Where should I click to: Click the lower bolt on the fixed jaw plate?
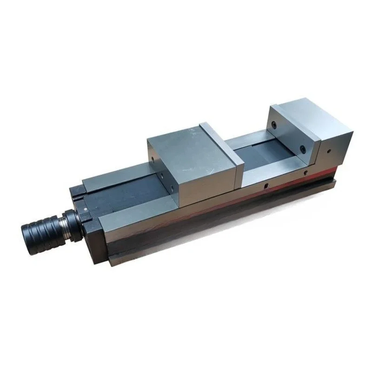[x=303, y=149]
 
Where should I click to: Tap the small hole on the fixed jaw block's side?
[x=329, y=151]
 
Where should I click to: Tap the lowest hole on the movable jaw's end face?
[x=171, y=188]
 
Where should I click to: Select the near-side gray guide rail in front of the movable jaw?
[x=139, y=212]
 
